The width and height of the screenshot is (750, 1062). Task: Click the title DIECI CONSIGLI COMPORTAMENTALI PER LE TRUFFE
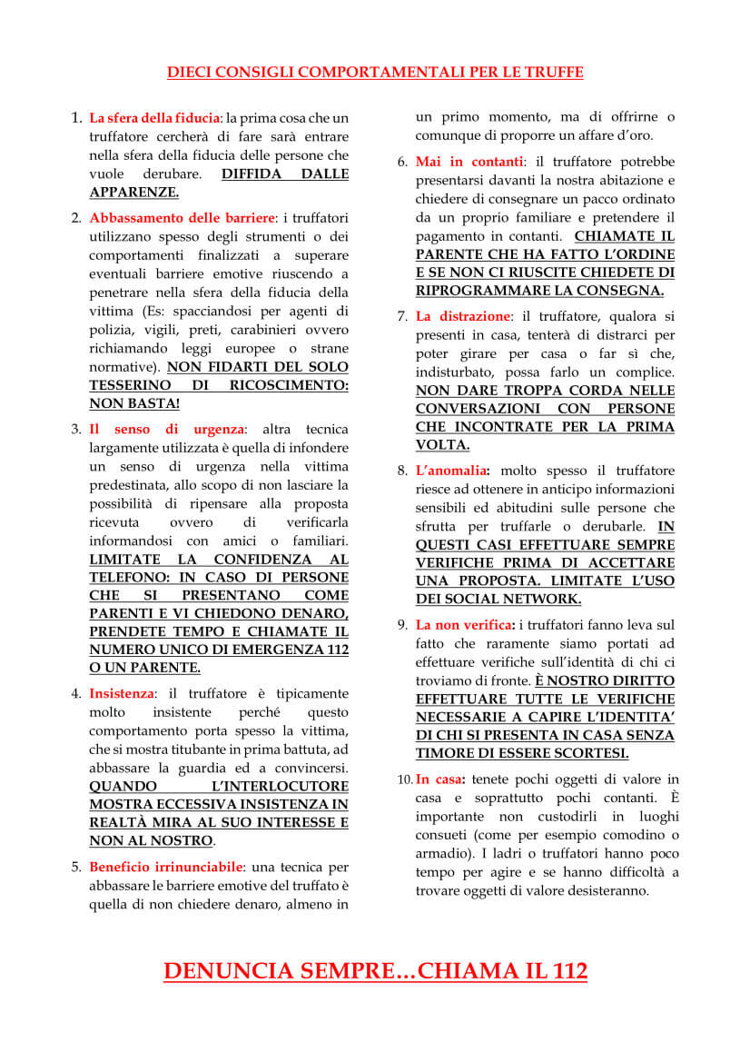pos(375,72)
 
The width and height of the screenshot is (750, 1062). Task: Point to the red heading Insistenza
pos(122,693)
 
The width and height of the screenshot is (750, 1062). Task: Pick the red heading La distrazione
pos(463,316)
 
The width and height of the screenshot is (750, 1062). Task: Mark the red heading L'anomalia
pos(452,471)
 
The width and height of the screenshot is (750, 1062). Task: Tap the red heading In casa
pos(440,779)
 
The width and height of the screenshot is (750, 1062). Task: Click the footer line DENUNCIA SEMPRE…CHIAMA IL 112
pos(375,971)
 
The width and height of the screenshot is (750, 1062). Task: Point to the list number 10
pos(404,779)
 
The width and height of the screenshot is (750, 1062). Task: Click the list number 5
pos(76,867)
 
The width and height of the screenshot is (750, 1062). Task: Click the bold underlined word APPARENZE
pos(133,192)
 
